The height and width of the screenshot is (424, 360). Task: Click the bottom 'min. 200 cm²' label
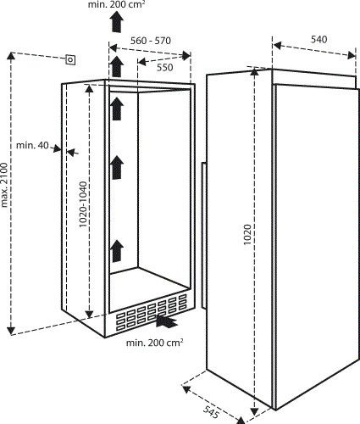point(156,343)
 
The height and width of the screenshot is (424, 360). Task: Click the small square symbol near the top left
point(71,59)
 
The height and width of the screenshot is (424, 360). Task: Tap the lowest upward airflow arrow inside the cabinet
point(117,250)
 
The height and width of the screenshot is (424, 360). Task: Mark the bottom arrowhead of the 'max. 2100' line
point(11,328)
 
